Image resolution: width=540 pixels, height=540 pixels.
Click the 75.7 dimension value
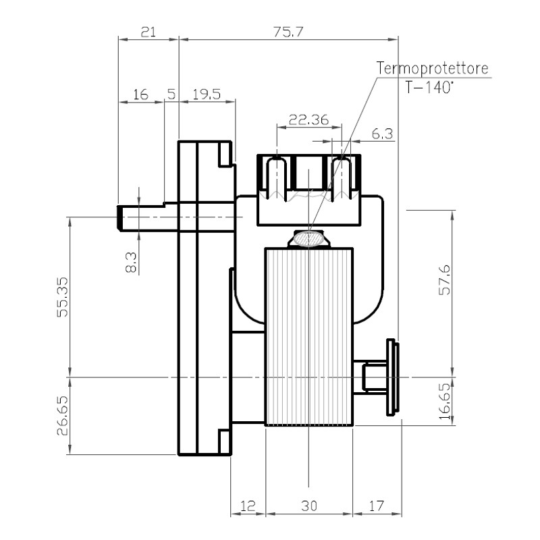[x=288, y=32]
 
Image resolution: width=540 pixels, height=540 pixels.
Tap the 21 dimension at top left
[x=148, y=32]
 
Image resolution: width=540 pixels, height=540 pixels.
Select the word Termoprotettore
[x=432, y=68]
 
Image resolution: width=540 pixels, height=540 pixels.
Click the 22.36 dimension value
[x=308, y=120]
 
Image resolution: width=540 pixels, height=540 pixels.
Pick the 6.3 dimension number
[x=382, y=134]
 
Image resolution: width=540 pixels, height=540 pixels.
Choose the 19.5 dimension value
[x=207, y=94]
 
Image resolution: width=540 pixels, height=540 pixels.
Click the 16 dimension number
[x=140, y=94]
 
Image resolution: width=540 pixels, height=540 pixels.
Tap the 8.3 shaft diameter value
[x=131, y=263]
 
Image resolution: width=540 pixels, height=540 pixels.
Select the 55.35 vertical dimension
[x=63, y=297]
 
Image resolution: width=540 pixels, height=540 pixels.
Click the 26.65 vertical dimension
[x=63, y=416]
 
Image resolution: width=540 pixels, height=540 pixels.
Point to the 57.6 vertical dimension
[x=444, y=279]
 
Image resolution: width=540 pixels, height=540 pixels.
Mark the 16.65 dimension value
[x=445, y=401]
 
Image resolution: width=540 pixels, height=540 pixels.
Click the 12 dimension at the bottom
[x=248, y=506]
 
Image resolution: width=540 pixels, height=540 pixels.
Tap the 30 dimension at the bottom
[x=309, y=506]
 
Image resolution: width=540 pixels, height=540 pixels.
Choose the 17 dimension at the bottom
[x=376, y=506]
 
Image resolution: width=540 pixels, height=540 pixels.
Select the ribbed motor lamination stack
[x=309, y=337]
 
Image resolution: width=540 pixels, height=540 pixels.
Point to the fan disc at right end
[x=393, y=377]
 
